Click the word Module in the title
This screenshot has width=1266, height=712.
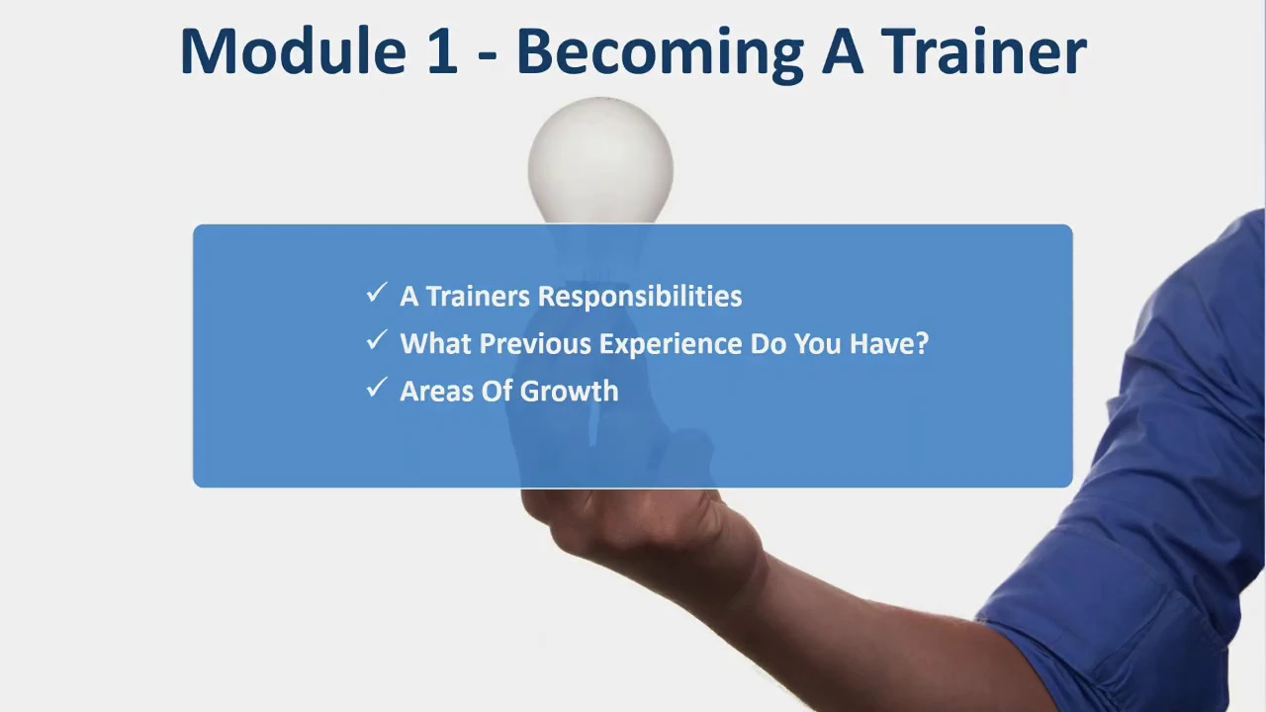point(294,50)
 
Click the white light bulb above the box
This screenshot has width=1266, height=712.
point(600,160)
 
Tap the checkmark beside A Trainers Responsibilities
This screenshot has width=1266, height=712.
point(377,292)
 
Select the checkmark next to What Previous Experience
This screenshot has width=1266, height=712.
point(377,339)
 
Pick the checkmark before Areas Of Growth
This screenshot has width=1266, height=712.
point(377,387)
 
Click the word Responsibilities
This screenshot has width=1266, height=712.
point(640,297)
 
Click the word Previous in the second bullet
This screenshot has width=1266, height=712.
point(535,343)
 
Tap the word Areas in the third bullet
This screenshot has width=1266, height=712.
point(436,391)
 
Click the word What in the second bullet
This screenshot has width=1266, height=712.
point(436,343)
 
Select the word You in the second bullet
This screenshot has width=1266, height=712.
point(818,343)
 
